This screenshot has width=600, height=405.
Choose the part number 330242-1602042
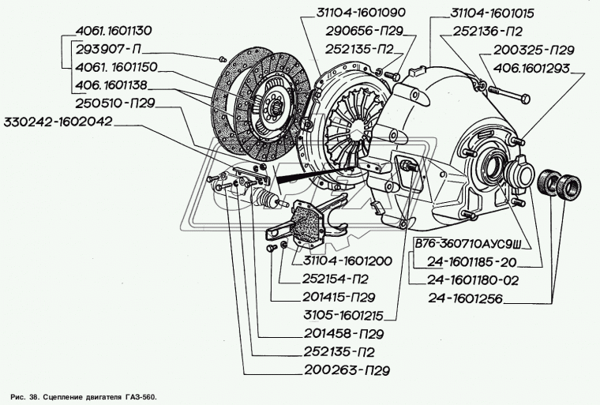coord(60,122)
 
